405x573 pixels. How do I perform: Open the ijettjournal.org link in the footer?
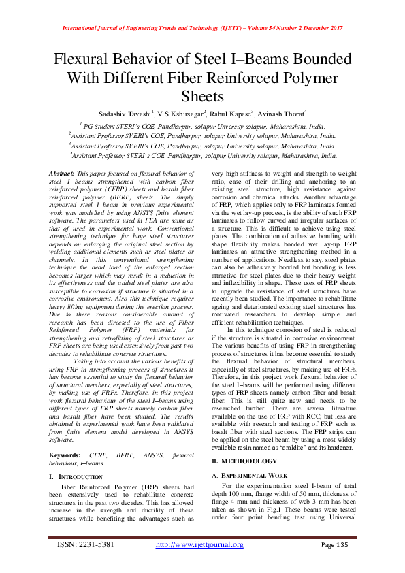tap(199, 545)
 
